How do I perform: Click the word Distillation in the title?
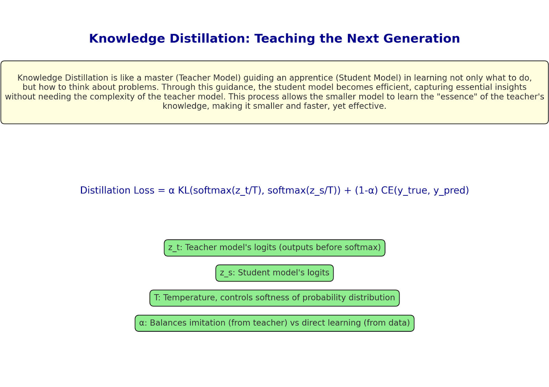click(x=210, y=38)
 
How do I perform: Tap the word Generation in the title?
click(x=422, y=38)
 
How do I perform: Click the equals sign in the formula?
click(x=162, y=191)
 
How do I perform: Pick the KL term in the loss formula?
click(x=184, y=190)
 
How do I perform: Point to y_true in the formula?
click(x=412, y=191)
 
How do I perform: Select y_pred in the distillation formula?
click(x=449, y=191)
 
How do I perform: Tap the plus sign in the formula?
click(x=348, y=191)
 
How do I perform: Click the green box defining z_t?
click(x=274, y=248)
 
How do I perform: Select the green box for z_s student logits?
click(x=274, y=273)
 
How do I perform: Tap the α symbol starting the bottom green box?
click(x=142, y=323)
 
